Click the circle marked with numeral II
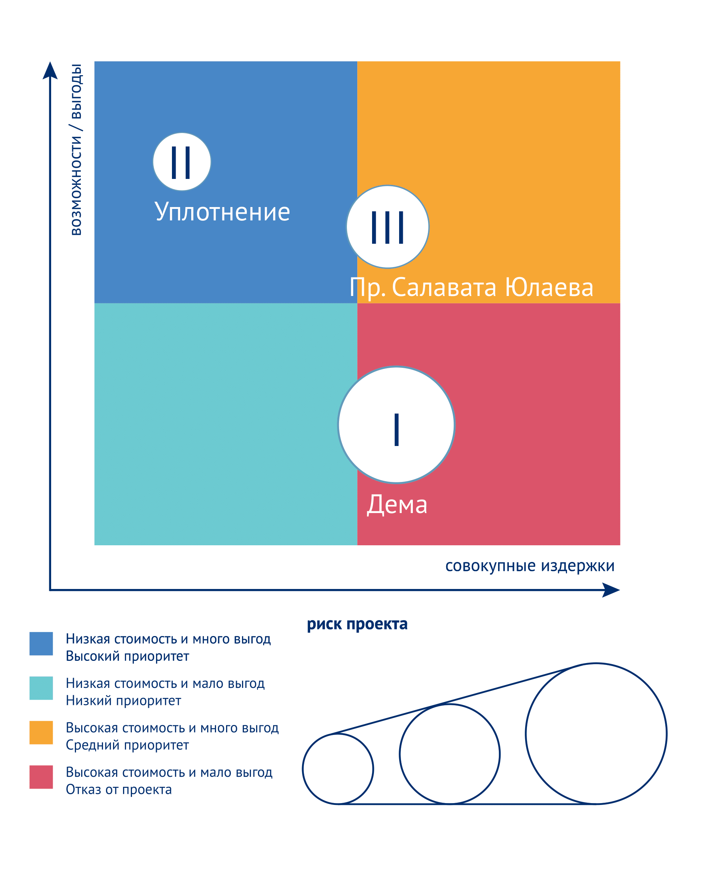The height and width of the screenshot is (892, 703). [182, 162]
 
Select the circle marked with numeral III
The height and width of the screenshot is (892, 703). [388, 227]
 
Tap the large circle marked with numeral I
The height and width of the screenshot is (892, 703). [397, 425]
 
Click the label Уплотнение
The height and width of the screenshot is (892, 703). [222, 212]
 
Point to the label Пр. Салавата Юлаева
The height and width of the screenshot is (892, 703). [471, 287]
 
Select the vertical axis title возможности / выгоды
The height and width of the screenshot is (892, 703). [76, 149]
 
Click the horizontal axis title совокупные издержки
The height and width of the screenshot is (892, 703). [530, 566]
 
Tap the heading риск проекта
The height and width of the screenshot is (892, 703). [357, 624]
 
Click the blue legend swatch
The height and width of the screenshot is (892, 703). [41, 643]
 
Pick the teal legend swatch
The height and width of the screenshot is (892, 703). [41, 688]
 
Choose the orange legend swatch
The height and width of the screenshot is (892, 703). [41, 732]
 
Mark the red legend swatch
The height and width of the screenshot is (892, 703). [41, 777]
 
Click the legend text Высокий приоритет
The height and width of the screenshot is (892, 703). [127, 656]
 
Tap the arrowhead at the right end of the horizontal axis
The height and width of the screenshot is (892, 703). [611, 590]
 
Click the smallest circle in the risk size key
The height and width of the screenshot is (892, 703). [302, 769]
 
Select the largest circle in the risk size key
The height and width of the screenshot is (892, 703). [525, 733]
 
